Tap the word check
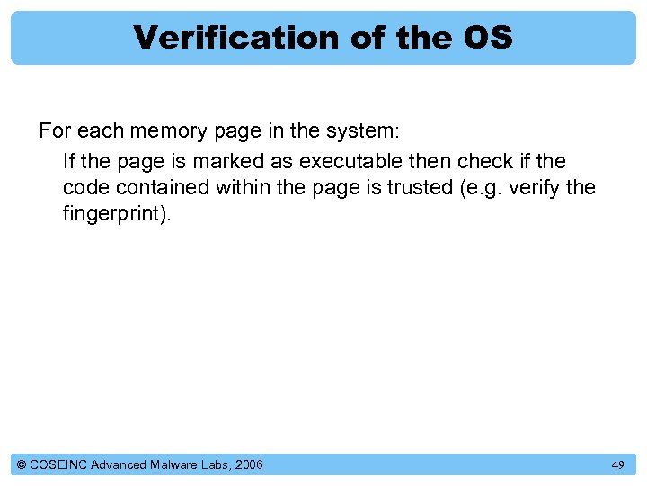pos(483,162)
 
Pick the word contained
pos(167,188)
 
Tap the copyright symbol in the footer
pos(22,464)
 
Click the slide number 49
pos(617,464)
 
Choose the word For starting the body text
pos(55,130)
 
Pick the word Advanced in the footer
pos(124,464)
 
